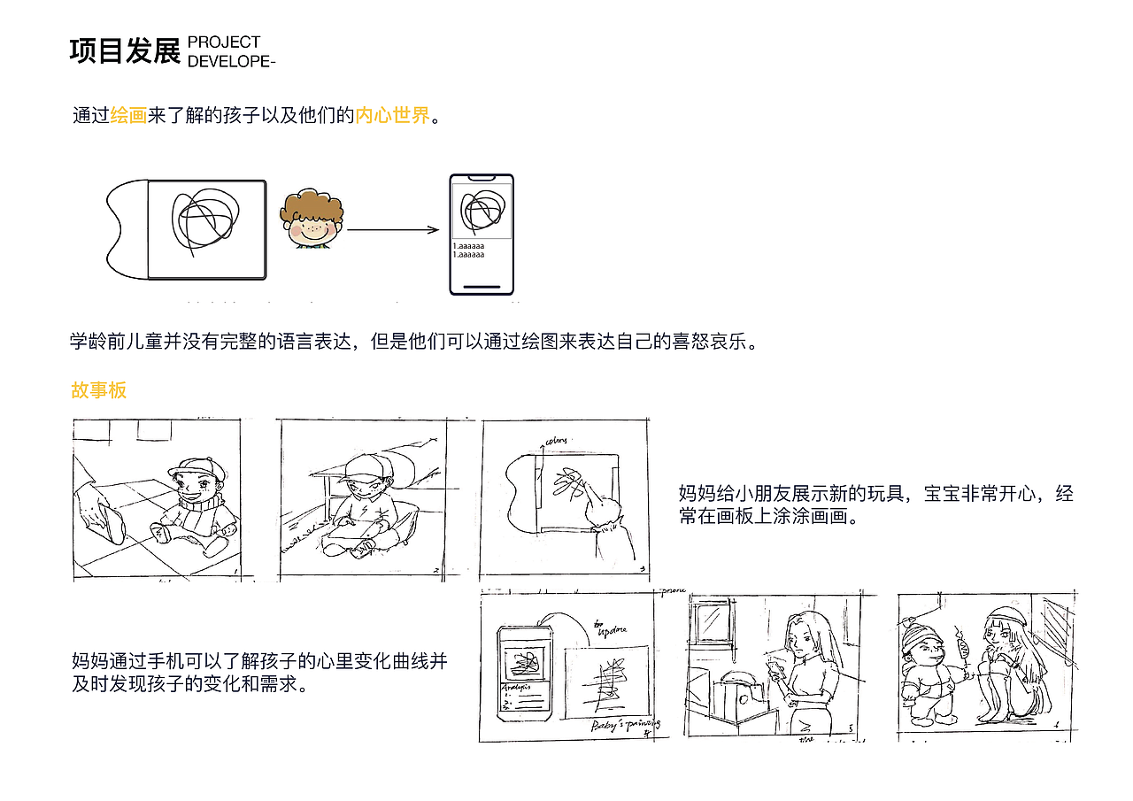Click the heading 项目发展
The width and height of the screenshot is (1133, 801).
click(124, 52)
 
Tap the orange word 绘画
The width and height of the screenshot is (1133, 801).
click(128, 116)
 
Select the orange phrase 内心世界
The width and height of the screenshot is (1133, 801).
click(392, 116)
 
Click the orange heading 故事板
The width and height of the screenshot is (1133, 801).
click(99, 390)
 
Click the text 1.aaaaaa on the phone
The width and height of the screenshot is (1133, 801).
click(468, 246)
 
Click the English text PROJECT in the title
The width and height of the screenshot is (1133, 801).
click(224, 42)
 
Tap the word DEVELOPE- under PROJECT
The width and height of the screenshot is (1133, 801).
click(232, 61)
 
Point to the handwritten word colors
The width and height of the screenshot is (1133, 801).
click(556, 440)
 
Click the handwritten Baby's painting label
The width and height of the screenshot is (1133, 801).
click(626, 727)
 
